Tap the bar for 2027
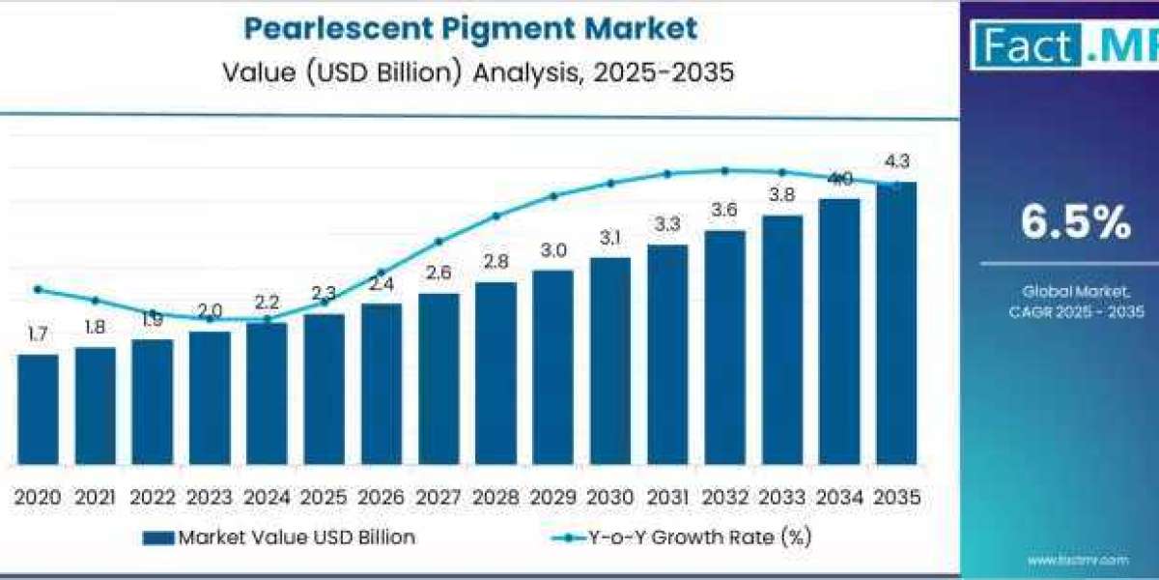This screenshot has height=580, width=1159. point(438,378)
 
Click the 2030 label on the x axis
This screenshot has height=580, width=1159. point(609,497)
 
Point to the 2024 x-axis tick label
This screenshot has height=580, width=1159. point(267,497)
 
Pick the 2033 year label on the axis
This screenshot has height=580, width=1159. point(781,497)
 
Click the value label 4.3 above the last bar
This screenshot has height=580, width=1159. point(896,161)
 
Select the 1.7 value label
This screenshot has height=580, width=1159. point(38,334)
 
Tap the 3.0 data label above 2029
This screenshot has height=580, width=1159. point(552,250)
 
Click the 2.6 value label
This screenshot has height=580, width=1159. point(438,274)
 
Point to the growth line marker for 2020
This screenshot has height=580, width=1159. point(38,289)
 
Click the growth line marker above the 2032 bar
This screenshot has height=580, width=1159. point(724,170)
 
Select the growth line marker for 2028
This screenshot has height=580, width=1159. point(495,216)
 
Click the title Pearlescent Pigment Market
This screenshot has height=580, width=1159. point(469,28)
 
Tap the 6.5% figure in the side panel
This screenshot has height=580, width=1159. point(1075,223)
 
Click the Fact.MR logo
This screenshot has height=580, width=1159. point(1062,46)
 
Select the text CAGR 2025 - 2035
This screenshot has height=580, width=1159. point(1075,311)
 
